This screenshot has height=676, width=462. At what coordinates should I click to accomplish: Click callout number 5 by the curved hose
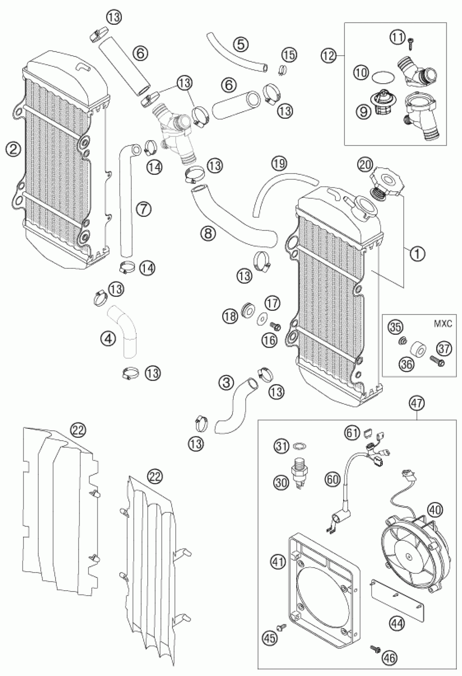tap(243, 44)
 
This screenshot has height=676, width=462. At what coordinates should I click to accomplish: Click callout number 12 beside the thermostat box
tap(328, 55)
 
